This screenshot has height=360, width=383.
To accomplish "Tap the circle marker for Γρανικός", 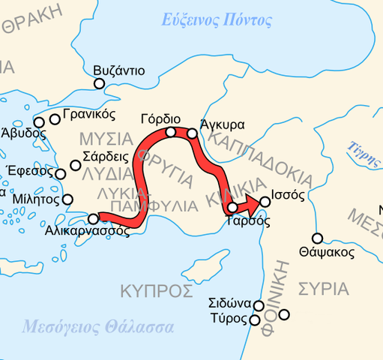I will (55, 118).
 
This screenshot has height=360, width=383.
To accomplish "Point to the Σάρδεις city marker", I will (76, 165).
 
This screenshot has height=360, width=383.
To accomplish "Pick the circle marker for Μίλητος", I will (67, 199).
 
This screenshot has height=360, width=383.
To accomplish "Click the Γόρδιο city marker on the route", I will (171, 132).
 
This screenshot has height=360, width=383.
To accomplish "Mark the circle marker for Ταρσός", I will (232, 207).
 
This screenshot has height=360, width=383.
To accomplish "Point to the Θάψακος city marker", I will (317, 238).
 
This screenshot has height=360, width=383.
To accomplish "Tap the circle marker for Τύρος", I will (253, 320).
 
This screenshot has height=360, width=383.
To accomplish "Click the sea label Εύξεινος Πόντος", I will (217, 20).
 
